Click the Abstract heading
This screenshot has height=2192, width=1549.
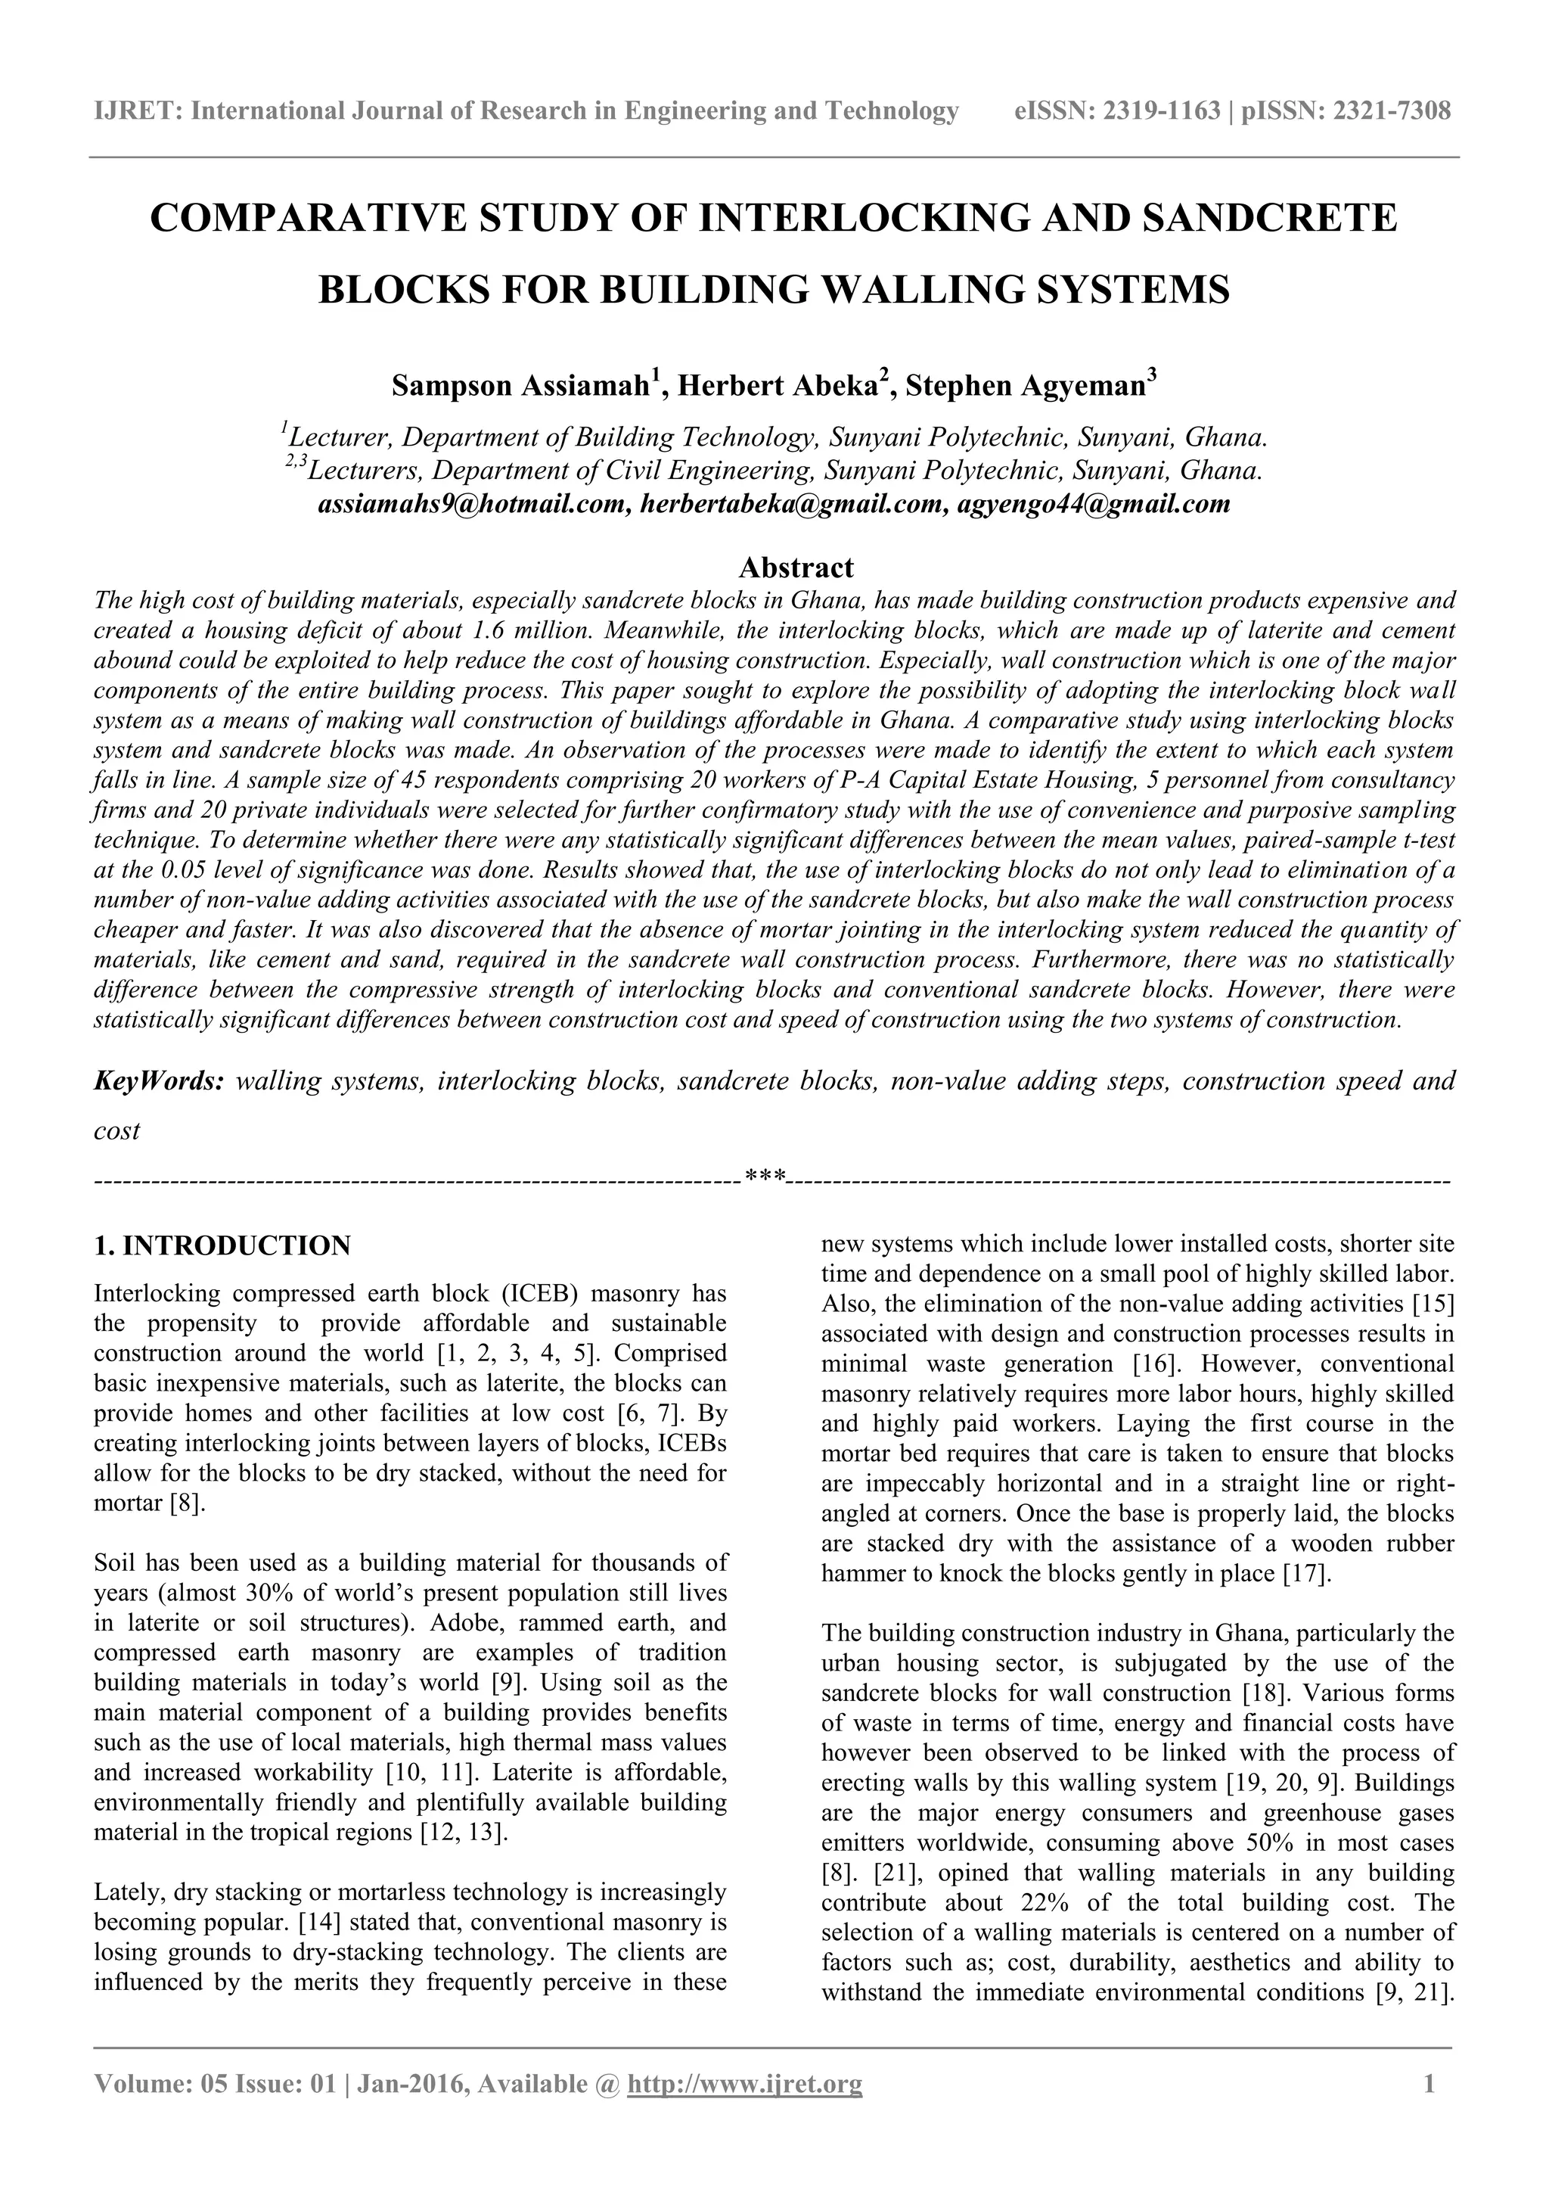click(796, 568)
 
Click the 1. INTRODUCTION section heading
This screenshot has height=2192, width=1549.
click(222, 1246)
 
